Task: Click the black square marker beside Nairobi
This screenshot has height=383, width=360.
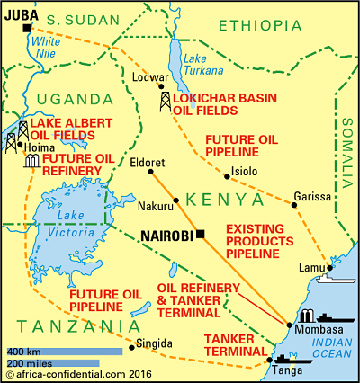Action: point(202,235)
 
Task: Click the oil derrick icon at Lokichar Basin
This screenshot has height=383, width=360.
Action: point(166,102)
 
